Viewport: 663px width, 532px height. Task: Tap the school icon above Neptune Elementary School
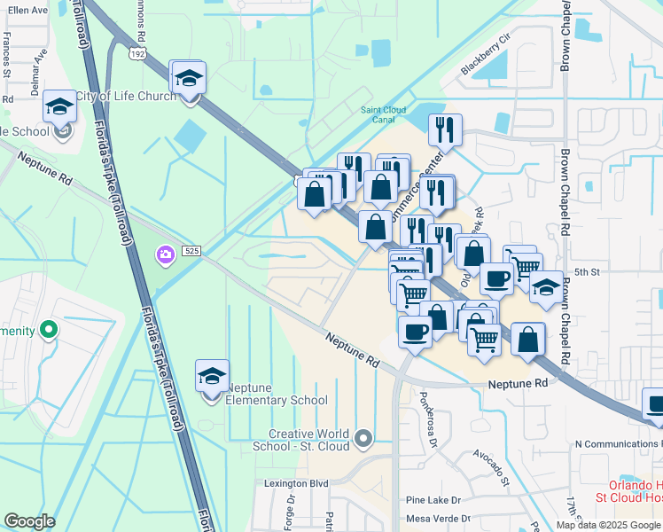click(212, 377)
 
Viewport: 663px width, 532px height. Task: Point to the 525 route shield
click(191, 253)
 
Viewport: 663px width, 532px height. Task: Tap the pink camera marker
click(165, 255)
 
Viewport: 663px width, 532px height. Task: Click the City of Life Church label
click(125, 96)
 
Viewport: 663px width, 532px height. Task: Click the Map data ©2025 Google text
click(608, 525)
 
